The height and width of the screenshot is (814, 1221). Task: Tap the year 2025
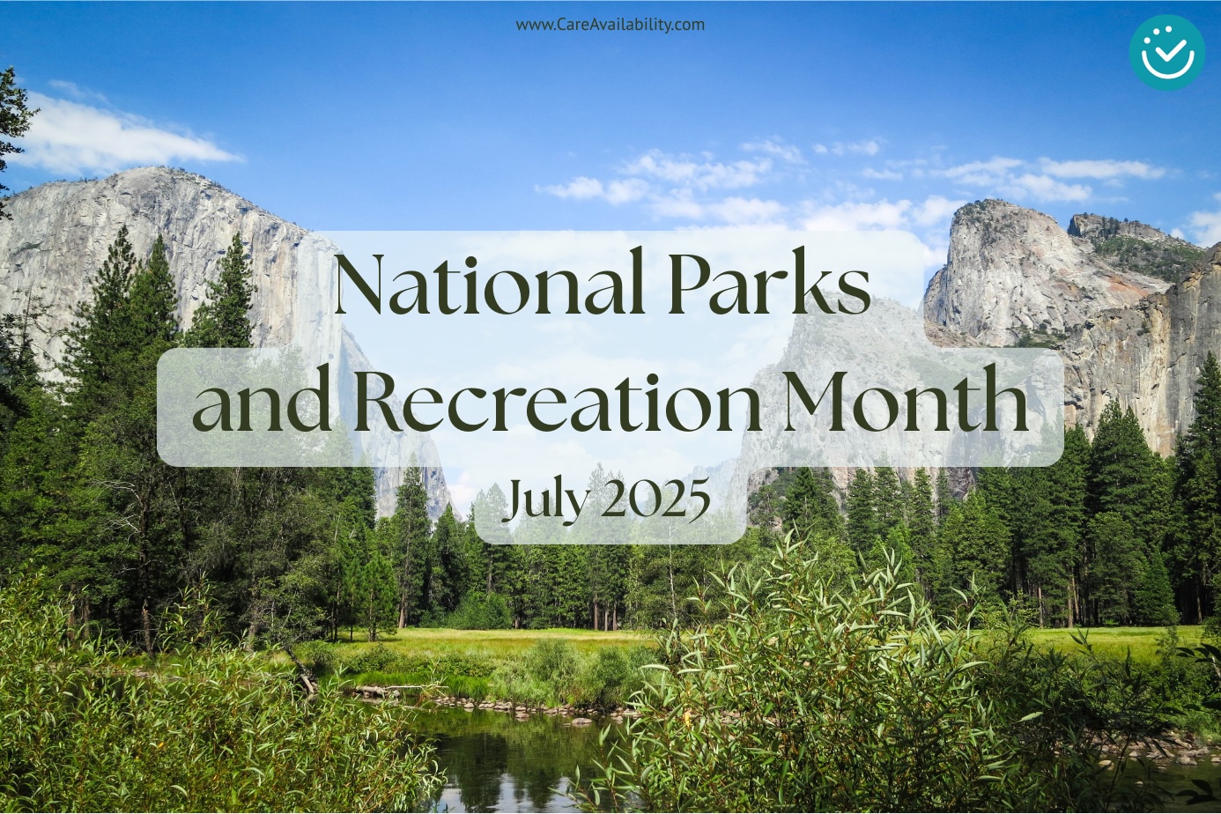(x=656, y=499)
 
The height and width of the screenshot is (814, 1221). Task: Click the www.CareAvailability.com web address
(x=610, y=25)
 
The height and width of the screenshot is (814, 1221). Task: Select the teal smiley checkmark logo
(x=1167, y=52)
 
